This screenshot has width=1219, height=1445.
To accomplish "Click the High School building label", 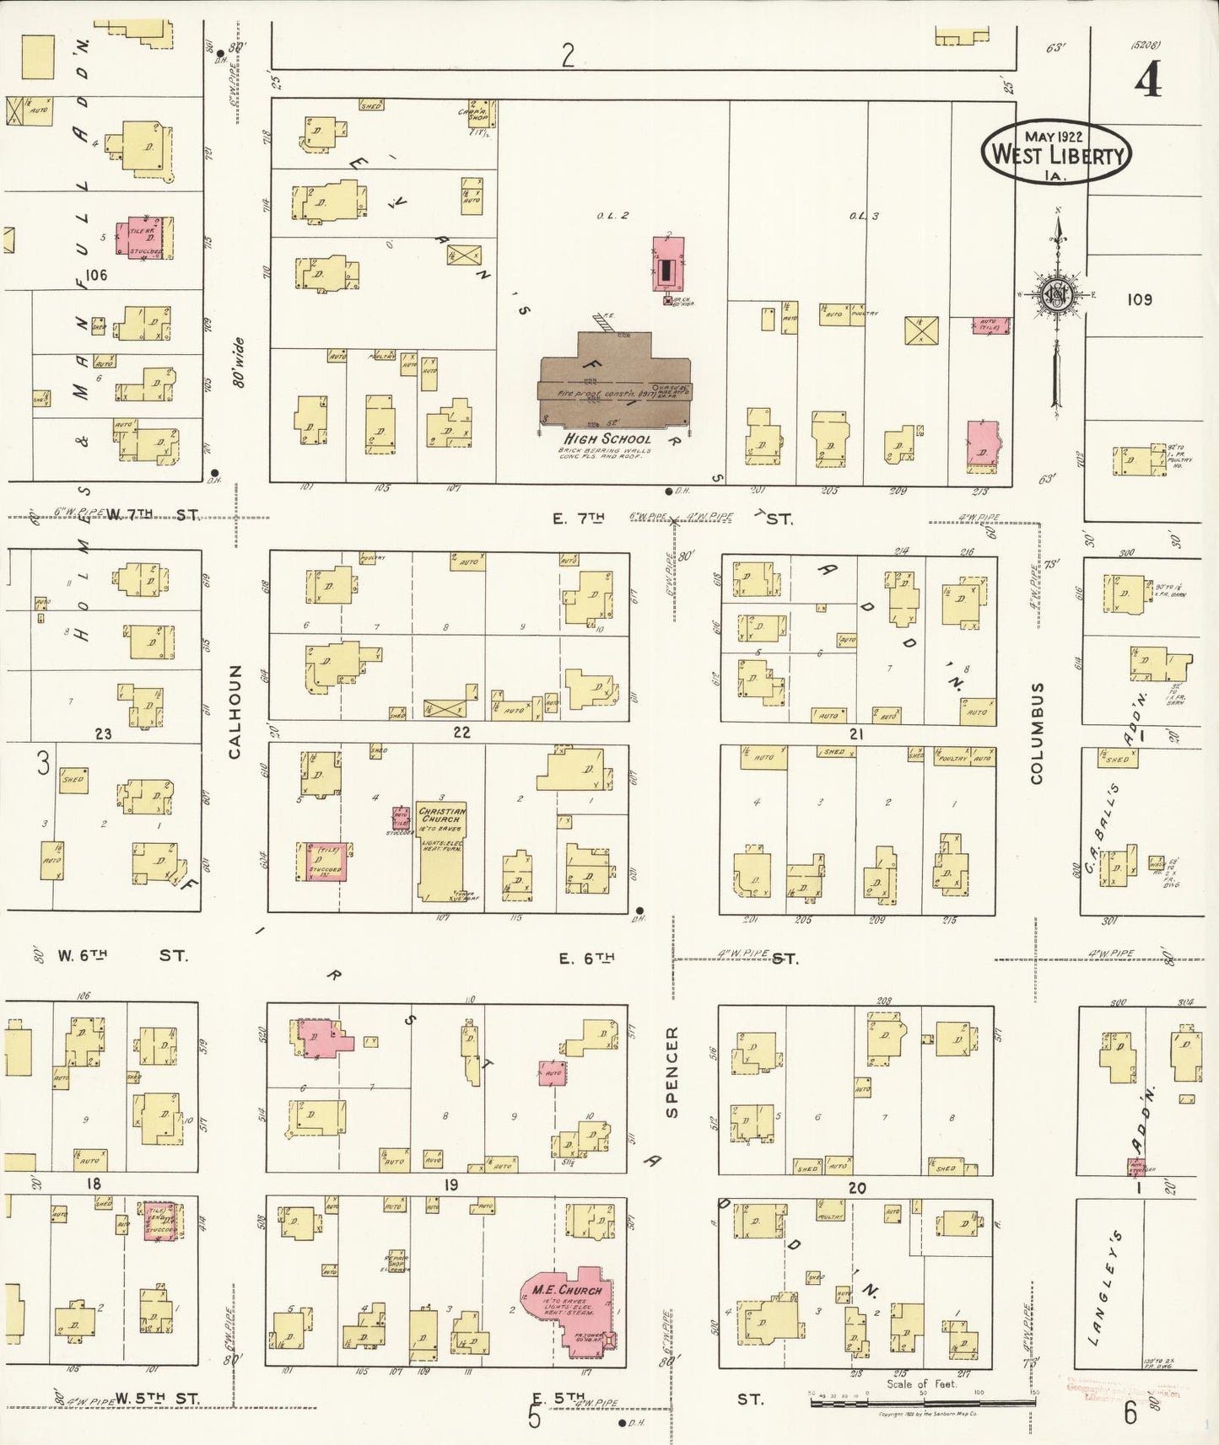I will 607,438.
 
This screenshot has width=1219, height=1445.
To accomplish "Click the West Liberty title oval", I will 1055,151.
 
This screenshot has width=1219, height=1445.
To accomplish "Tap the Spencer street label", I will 672,1072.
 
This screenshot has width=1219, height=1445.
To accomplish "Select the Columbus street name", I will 1037,733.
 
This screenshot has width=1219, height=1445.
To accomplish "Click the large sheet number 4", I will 1147,82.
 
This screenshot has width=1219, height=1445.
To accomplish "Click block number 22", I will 461,732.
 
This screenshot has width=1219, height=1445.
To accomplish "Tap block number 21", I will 856,734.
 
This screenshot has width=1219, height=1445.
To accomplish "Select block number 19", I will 451,1185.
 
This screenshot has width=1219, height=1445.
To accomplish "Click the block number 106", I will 96,275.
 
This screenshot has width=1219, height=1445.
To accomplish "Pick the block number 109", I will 1139,299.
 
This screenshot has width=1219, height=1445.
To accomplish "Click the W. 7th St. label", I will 152,514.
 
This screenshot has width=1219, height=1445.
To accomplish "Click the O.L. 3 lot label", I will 864,216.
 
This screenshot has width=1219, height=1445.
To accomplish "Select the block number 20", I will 857,1188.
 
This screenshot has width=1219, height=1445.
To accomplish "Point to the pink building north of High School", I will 668,264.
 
